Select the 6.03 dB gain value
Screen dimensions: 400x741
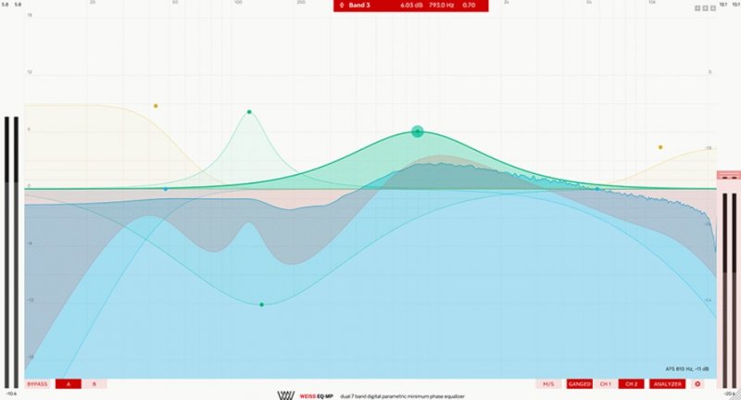411,6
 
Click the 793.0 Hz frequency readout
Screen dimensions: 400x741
441,6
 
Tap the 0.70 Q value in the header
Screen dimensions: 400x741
469,6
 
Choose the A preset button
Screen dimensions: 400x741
68,383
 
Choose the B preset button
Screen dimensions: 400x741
94,383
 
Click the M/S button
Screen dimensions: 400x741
548,383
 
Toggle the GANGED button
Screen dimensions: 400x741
580,383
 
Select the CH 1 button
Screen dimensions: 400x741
605,383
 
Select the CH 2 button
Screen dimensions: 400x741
631,383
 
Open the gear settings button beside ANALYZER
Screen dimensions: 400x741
697,383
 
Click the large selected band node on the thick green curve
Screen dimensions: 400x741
417,131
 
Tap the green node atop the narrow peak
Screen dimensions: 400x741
249,112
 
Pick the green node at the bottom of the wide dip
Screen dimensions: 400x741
262,304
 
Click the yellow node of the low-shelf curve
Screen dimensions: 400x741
156,106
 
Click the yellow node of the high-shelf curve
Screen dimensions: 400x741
660,146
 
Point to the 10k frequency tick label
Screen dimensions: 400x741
652,3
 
